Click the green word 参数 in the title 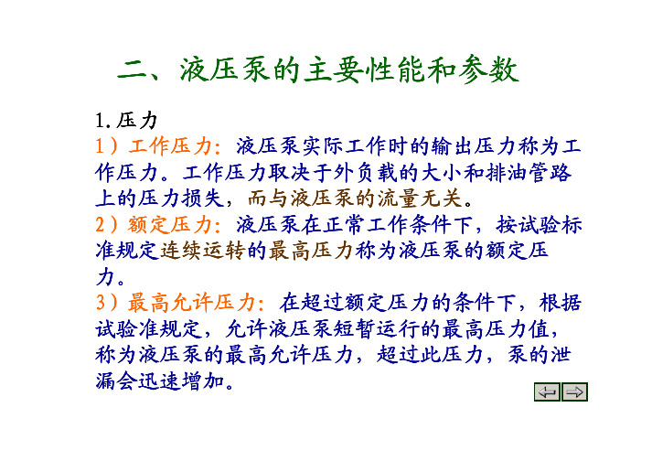point(489,70)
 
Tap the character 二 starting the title point(133,70)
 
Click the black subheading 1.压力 point(126,121)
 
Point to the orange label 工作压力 point(170,146)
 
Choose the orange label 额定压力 point(170,225)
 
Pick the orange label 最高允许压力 point(191,303)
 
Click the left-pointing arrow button point(547,391)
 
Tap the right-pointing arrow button point(574,391)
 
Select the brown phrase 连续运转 point(202,251)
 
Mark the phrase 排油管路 point(528,173)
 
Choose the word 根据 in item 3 point(561,303)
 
